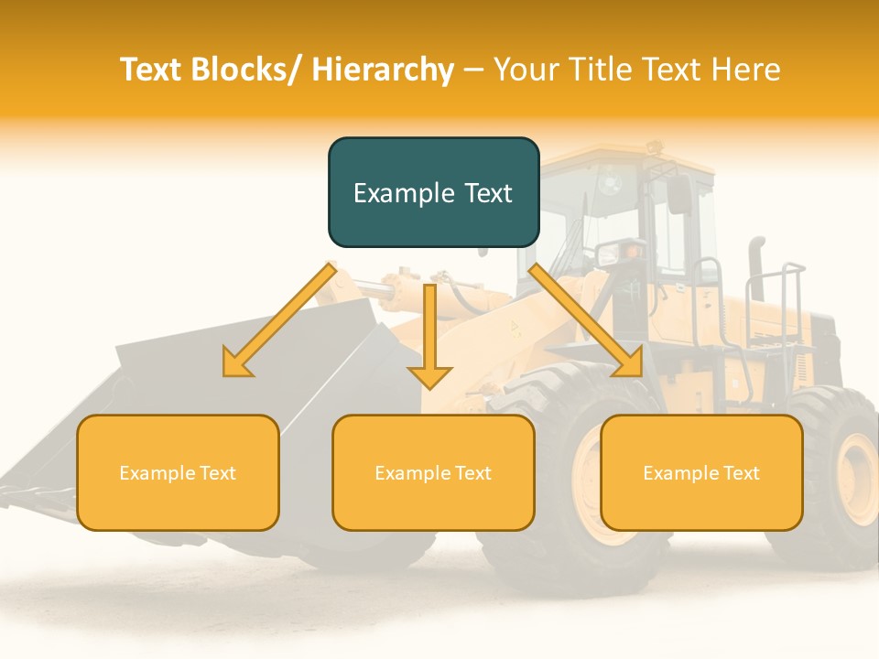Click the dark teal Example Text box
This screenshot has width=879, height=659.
(433, 192)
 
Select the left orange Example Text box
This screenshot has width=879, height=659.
(178, 472)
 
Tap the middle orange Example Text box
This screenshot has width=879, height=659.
(433, 472)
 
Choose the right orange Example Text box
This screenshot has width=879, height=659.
(701, 472)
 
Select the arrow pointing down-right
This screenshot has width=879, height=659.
(586, 320)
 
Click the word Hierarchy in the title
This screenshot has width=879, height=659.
(383, 70)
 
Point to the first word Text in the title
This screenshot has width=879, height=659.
(152, 70)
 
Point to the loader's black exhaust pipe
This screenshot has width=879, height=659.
(756, 265)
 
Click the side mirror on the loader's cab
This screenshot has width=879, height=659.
(680, 194)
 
